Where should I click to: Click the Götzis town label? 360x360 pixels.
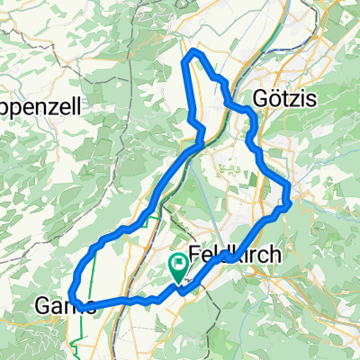284,99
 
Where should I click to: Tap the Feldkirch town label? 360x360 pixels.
235,255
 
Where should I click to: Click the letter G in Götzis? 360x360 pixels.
260,99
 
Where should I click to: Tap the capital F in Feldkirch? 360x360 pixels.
196,255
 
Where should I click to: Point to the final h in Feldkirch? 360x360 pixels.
274,255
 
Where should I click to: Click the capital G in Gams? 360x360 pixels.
43,306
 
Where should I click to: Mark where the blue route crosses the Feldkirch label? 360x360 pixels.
230,259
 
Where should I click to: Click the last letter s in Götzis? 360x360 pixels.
310,99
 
